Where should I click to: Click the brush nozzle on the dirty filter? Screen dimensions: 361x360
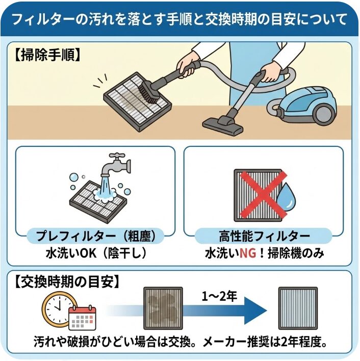[x=150, y=92]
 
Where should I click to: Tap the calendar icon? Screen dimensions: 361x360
[x=81, y=318]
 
